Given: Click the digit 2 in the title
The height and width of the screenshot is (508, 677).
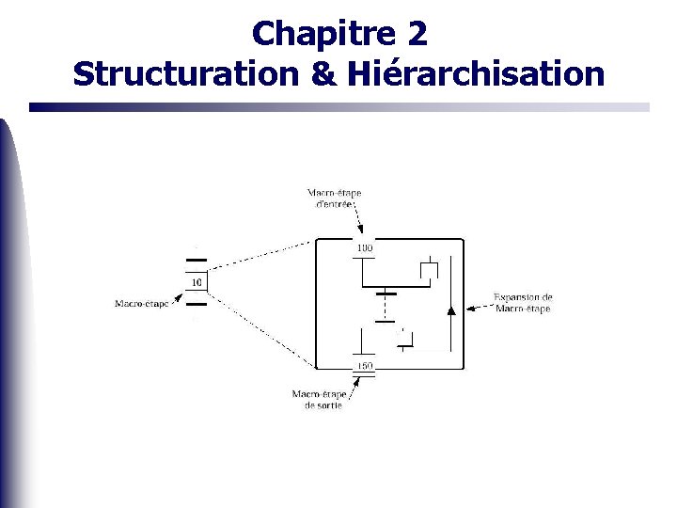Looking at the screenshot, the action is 417,35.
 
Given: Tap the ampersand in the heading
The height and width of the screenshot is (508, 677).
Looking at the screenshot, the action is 322,73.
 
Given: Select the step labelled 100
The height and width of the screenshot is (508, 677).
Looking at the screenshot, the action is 364,248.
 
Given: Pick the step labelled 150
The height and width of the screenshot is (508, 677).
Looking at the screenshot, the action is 364,366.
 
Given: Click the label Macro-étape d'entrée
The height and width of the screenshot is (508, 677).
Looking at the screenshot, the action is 334,199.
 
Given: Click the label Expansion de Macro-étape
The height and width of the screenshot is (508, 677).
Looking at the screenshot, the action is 523,303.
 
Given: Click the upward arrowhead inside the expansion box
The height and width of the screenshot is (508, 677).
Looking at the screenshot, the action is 451,308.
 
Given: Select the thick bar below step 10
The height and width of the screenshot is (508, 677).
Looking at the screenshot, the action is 196,304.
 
